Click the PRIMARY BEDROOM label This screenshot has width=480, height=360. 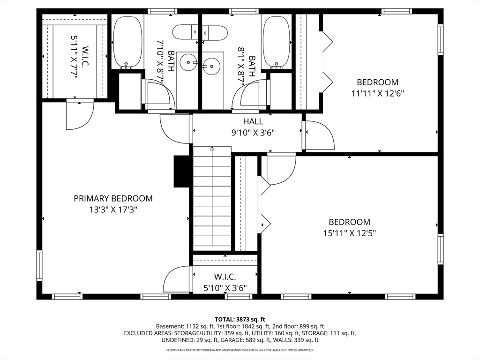tap(113, 198)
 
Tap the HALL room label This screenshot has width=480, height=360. tap(253, 121)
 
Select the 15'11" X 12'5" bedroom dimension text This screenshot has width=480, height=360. tap(350, 233)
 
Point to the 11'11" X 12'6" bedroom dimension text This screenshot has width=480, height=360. tap(378, 93)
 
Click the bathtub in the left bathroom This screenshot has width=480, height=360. tap(127, 42)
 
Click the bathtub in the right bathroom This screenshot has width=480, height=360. tap(277, 42)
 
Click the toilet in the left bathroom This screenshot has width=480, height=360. tap(186, 32)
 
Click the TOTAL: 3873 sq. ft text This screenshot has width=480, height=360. tap(240, 320)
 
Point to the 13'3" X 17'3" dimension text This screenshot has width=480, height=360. tap(113, 210)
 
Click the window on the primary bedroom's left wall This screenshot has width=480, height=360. tap(39, 265)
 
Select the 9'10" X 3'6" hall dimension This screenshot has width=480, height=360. tap(253, 133)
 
